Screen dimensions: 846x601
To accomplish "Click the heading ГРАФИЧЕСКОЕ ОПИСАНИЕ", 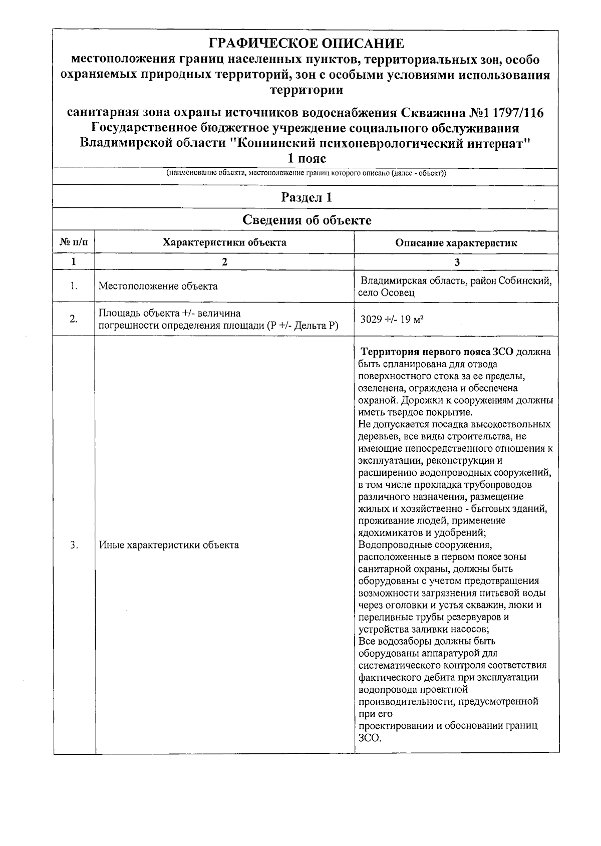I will pyautogui.click(x=306, y=44).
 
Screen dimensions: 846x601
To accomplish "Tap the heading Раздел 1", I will pyautogui.click(x=306, y=197).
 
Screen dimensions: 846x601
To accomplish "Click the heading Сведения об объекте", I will pyautogui.click(x=306, y=220).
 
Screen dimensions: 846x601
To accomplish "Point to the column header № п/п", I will pyautogui.click(x=74, y=243).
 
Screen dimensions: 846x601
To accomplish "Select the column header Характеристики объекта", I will pyautogui.click(x=224, y=243).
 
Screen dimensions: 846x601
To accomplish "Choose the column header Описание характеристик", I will pyautogui.click(x=456, y=243).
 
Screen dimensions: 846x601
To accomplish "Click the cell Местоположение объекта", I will pyautogui.click(x=158, y=287).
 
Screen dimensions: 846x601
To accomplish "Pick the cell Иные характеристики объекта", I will pyautogui.click(x=169, y=545).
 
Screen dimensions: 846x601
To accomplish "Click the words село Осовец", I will pyautogui.click(x=386, y=293).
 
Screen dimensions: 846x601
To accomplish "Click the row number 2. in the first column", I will pyautogui.click(x=74, y=319).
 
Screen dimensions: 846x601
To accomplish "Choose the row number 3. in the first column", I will pyautogui.click(x=74, y=545).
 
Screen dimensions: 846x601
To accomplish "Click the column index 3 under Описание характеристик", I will pyautogui.click(x=456, y=262).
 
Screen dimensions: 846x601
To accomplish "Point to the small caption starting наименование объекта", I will pyautogui.click(x=306, y=174).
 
